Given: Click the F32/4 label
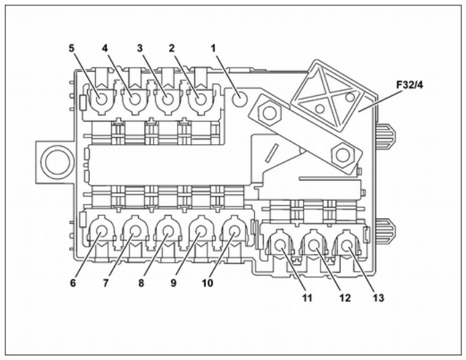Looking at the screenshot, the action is pyautogui.click(x=410, y=85).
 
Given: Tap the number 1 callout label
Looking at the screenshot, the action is pyautogui.click(x=213, y=48).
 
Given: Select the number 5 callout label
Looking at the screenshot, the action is pyautogui.click(x=71, y=48).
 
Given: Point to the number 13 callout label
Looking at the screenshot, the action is pyautogui.click(x=379, y=298).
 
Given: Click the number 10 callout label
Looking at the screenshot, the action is pyautogui.click(x=207, y=283).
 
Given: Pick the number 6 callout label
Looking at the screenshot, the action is pyautogui.click(x=73, y=283).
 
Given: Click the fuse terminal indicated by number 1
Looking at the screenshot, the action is pyautogui.click(x=239, y=99).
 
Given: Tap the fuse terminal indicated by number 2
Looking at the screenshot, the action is pyautogui.click(x=200, y=99).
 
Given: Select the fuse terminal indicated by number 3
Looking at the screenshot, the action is pyautogui.click(x=168, y=99).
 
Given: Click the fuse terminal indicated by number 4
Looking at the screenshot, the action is pyautogui.click(x=134, y=99).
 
